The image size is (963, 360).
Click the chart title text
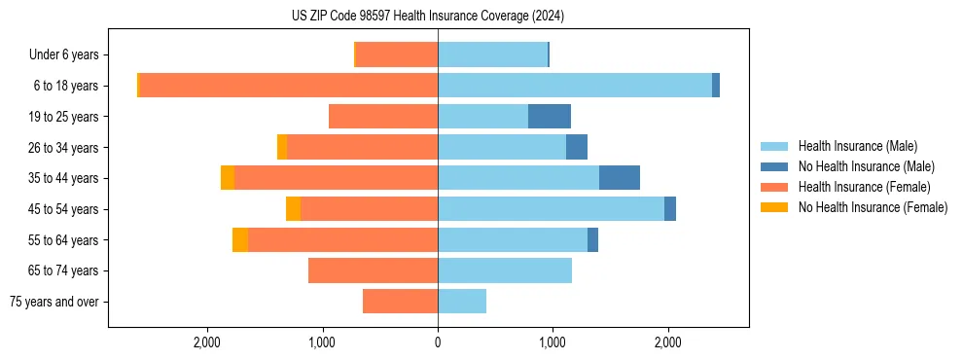click(x=427, y=17)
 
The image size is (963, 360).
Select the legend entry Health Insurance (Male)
click(x=857, y=146)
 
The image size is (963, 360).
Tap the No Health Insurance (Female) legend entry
click(x=873, y=207)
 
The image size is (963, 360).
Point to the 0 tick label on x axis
click(x=438, y=342)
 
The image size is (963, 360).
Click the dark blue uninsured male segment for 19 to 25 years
click(x=550, y=117)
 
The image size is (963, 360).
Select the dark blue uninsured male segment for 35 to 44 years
click(x=620, y=178)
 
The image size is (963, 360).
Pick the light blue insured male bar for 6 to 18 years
click(x=575, y=86)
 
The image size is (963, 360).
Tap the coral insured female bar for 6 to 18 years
click(x=289, y=86)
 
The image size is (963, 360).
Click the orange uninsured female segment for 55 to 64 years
click(x=240, y=240)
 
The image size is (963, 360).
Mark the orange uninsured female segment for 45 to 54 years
click(x=293, y=209)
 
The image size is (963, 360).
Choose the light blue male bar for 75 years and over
click(x=462, y=302)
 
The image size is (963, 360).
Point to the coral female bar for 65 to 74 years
click(x=374, y=270)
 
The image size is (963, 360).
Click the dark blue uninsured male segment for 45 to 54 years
click(x=670, y=209)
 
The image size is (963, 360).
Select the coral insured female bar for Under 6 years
click(x=397, y=55)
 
